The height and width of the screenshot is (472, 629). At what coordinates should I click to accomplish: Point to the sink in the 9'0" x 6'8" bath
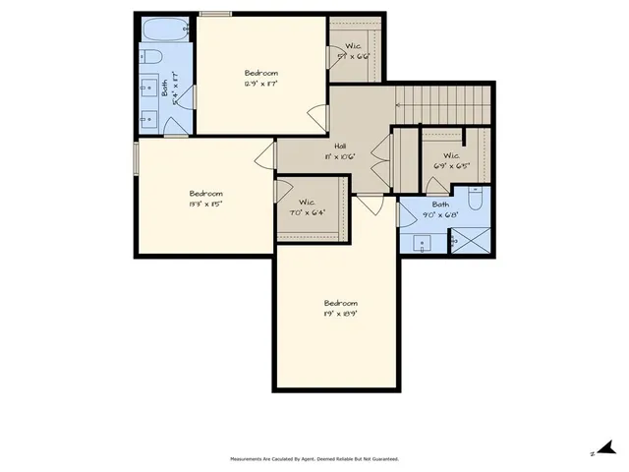[x=424, y=241]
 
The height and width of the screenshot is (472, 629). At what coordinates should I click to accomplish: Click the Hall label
[x=340, y=146]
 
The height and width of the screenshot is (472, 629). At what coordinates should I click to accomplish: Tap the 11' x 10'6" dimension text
[x=339, y=156]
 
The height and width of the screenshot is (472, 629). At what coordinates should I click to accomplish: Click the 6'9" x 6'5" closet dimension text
[x=451, y=166]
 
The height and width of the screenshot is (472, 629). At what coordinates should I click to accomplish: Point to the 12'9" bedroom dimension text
[x=261, y=85]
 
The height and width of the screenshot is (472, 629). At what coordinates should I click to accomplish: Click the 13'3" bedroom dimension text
[x=205, y=205]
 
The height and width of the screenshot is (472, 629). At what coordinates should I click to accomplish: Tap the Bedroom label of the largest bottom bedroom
[x=340, y=303]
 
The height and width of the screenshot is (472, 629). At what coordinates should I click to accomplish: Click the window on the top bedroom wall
[x=215, y=14]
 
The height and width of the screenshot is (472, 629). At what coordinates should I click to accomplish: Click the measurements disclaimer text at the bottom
[x=314, y=459]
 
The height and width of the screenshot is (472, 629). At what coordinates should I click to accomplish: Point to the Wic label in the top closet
[x=353, y=46]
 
